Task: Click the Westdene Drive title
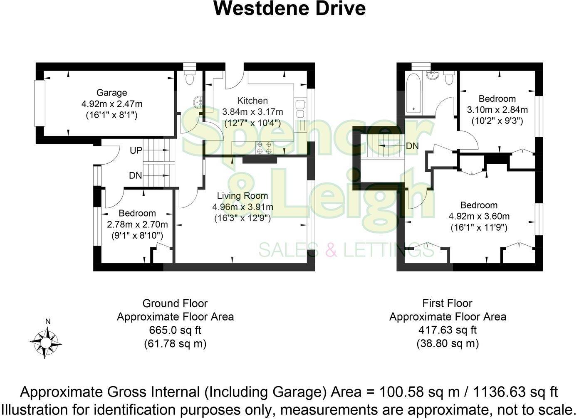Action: point(289,9)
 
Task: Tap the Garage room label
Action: point(111,93)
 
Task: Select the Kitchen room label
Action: point(252,101)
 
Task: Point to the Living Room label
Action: point(242,196)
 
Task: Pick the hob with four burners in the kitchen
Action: point(265,148)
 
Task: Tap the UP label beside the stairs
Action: point(136,150)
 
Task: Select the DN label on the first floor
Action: point(412,146)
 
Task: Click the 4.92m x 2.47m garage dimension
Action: point(111,104)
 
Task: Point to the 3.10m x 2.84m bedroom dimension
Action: point(497,110)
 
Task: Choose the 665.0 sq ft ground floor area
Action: point(175,330)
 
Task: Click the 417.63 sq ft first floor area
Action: point(448,330)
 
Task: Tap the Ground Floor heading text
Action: point(175,303)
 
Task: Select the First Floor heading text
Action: point(448,303)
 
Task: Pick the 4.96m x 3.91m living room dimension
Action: point(242,207)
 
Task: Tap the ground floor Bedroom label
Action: point(137,213)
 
